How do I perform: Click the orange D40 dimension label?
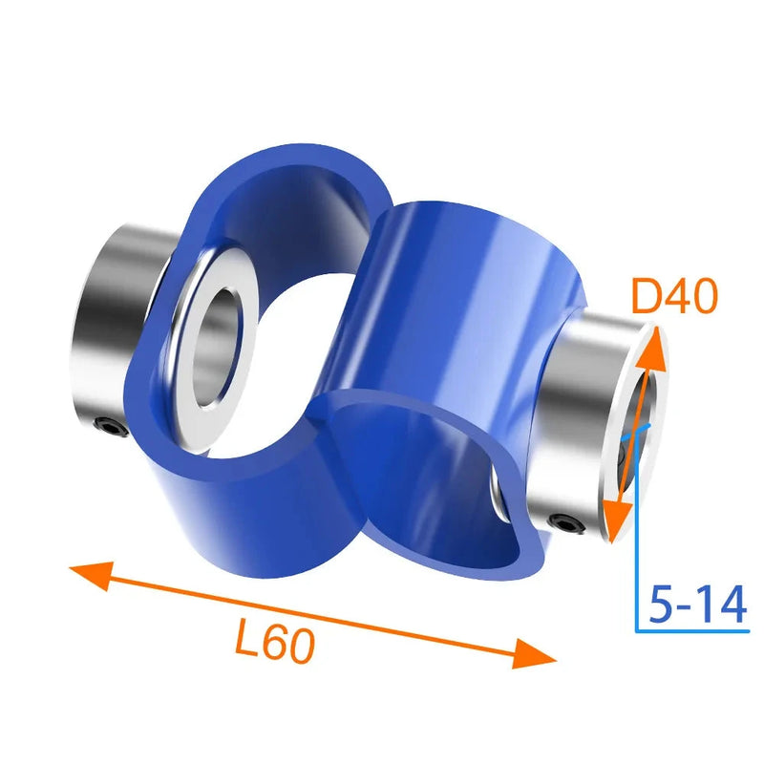point(674,299)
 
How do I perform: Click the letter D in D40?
point(648,299)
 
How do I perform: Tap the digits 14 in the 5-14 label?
point(723,605)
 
